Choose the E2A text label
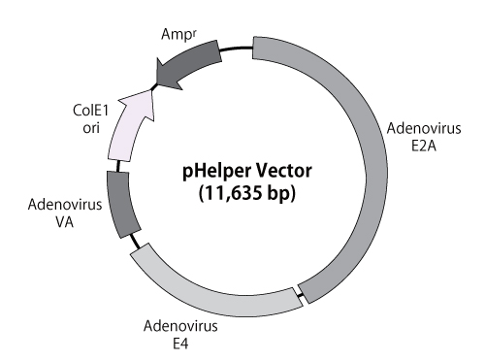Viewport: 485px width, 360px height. (x=421, y=147)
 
